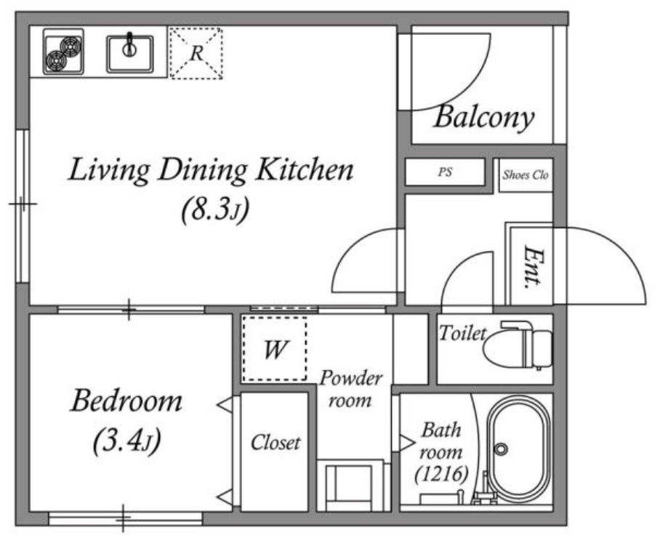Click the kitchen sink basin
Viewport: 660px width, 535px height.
click(129, 54)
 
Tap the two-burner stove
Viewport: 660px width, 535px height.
click(63, 52)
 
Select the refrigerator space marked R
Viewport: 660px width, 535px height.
click(196, 53)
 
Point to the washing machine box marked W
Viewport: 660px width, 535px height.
click(275, 349)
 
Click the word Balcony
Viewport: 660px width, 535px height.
click(483, 118)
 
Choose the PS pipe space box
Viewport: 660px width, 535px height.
click(446, 172)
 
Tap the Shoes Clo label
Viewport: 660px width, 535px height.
click(526, 174)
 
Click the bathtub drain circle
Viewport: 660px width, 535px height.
click(501, 449)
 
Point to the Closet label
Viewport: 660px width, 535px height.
click(275, 443)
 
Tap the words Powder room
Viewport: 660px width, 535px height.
click(350, 389)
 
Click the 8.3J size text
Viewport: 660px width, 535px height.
click(215, 209)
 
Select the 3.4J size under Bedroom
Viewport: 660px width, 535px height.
click(126, 441)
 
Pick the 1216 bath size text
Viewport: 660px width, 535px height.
click(441, 475)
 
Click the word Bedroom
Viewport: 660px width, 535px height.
click(126, 401)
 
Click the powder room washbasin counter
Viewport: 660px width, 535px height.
click(350, 485)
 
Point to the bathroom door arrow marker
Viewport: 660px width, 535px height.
click(406, 443)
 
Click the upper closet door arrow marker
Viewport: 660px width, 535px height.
click(225, 405)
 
